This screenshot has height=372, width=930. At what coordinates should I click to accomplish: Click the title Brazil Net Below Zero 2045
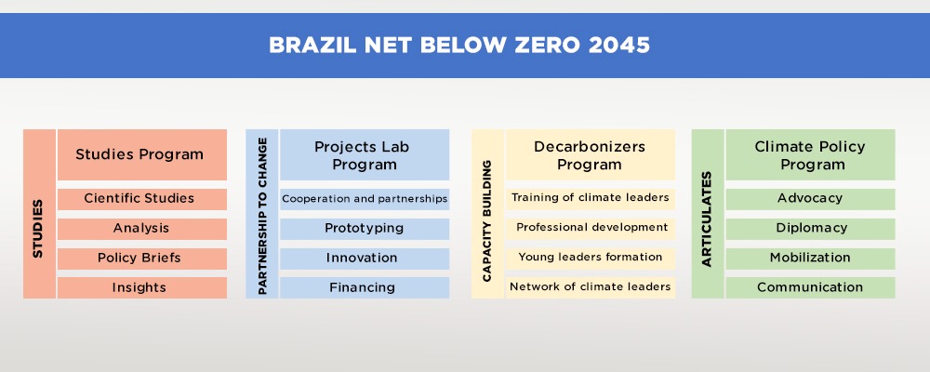459,46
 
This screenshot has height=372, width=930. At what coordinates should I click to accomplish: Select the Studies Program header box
141,155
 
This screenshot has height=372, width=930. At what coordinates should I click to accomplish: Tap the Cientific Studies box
141,199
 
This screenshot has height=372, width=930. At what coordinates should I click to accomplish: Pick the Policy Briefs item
141,259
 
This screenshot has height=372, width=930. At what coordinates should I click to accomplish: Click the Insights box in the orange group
141,287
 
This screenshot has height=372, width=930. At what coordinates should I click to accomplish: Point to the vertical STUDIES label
38,229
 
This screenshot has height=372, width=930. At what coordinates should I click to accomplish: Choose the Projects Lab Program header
365,155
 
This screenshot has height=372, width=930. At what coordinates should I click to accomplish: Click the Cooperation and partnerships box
365,199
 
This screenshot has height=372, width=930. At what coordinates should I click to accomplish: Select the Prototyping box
365,229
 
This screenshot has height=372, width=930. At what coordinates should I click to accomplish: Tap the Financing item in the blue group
365,287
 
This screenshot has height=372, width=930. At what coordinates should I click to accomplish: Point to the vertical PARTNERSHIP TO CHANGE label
262,216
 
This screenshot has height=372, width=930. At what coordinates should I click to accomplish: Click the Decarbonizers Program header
591,155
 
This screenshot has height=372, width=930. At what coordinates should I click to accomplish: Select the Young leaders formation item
591,259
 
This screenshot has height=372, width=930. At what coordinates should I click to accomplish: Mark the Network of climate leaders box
591,287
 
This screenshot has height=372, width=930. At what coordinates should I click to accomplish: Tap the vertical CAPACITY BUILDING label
487,220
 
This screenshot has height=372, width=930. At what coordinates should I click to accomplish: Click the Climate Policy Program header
810,155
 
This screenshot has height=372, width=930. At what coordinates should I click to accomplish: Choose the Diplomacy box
810,229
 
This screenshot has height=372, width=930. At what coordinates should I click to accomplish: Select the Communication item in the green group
810,287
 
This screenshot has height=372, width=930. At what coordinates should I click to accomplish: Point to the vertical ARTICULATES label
707,219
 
